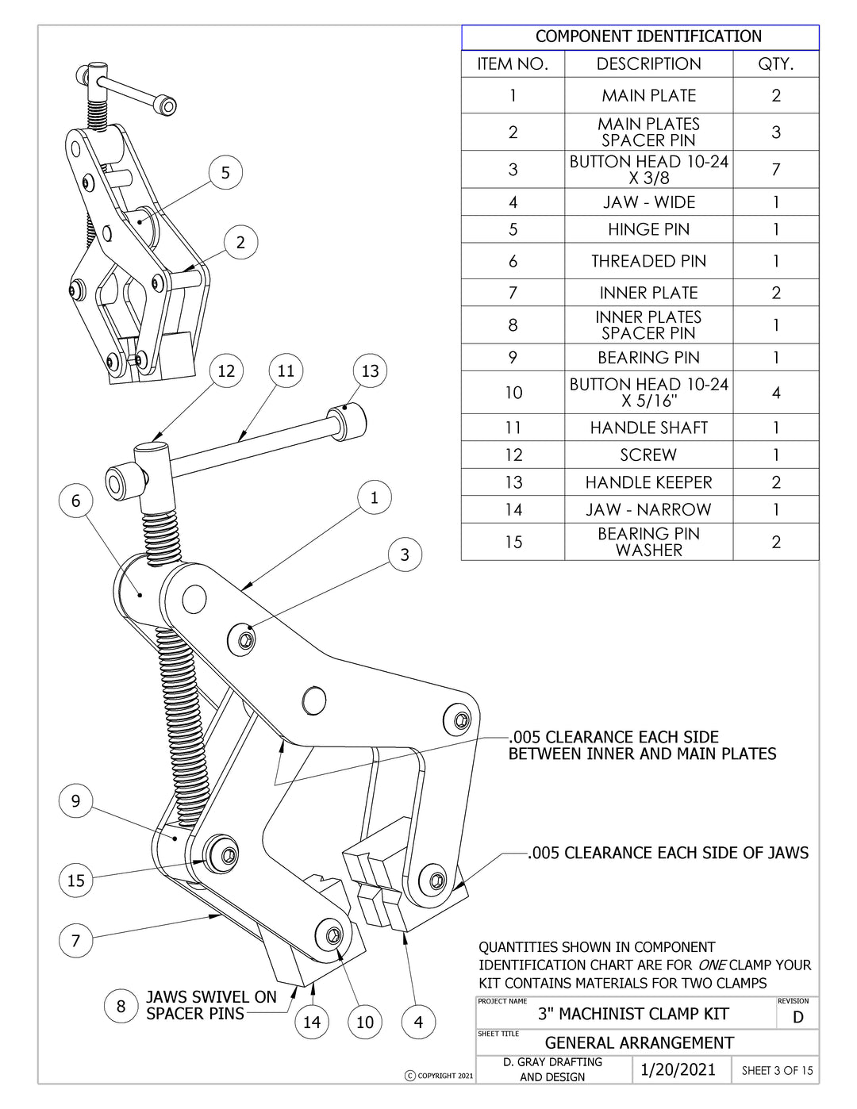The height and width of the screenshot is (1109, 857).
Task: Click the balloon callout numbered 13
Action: coord(370,371)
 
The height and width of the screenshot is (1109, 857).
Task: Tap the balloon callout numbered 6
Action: coord(76,501)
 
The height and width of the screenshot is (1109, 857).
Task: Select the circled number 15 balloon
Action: coord(76,881)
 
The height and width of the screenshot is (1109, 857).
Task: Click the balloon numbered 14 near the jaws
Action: coord(312,1023)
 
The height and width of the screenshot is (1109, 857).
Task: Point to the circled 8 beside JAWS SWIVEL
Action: coord(121,1007)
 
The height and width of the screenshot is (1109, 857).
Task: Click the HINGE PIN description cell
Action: coord(648,230)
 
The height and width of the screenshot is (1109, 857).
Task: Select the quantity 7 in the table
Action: coord(775,170)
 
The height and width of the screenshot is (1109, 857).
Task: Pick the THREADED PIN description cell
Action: coord(648,262)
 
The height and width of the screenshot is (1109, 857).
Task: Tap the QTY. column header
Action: coord(775,64)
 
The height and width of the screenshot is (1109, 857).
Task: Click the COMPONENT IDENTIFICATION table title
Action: coord(648,36)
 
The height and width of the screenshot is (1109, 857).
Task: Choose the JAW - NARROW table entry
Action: coord(648,510)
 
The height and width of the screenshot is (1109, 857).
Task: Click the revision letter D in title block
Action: coord(797,1018)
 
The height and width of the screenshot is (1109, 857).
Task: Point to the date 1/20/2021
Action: coord(678,1070)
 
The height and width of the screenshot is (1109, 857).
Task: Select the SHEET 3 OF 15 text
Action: coord(777,1071)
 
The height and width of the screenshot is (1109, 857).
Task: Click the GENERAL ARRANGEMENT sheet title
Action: coord(639,1043)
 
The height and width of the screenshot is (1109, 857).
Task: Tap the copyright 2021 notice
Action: coord(439,1076)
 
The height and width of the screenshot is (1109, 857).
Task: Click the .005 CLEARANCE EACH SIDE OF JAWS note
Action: coord(669,854)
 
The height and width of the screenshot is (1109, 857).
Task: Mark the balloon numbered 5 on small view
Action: coord(225,173)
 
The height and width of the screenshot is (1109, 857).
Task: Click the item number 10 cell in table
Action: coord(513,393)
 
